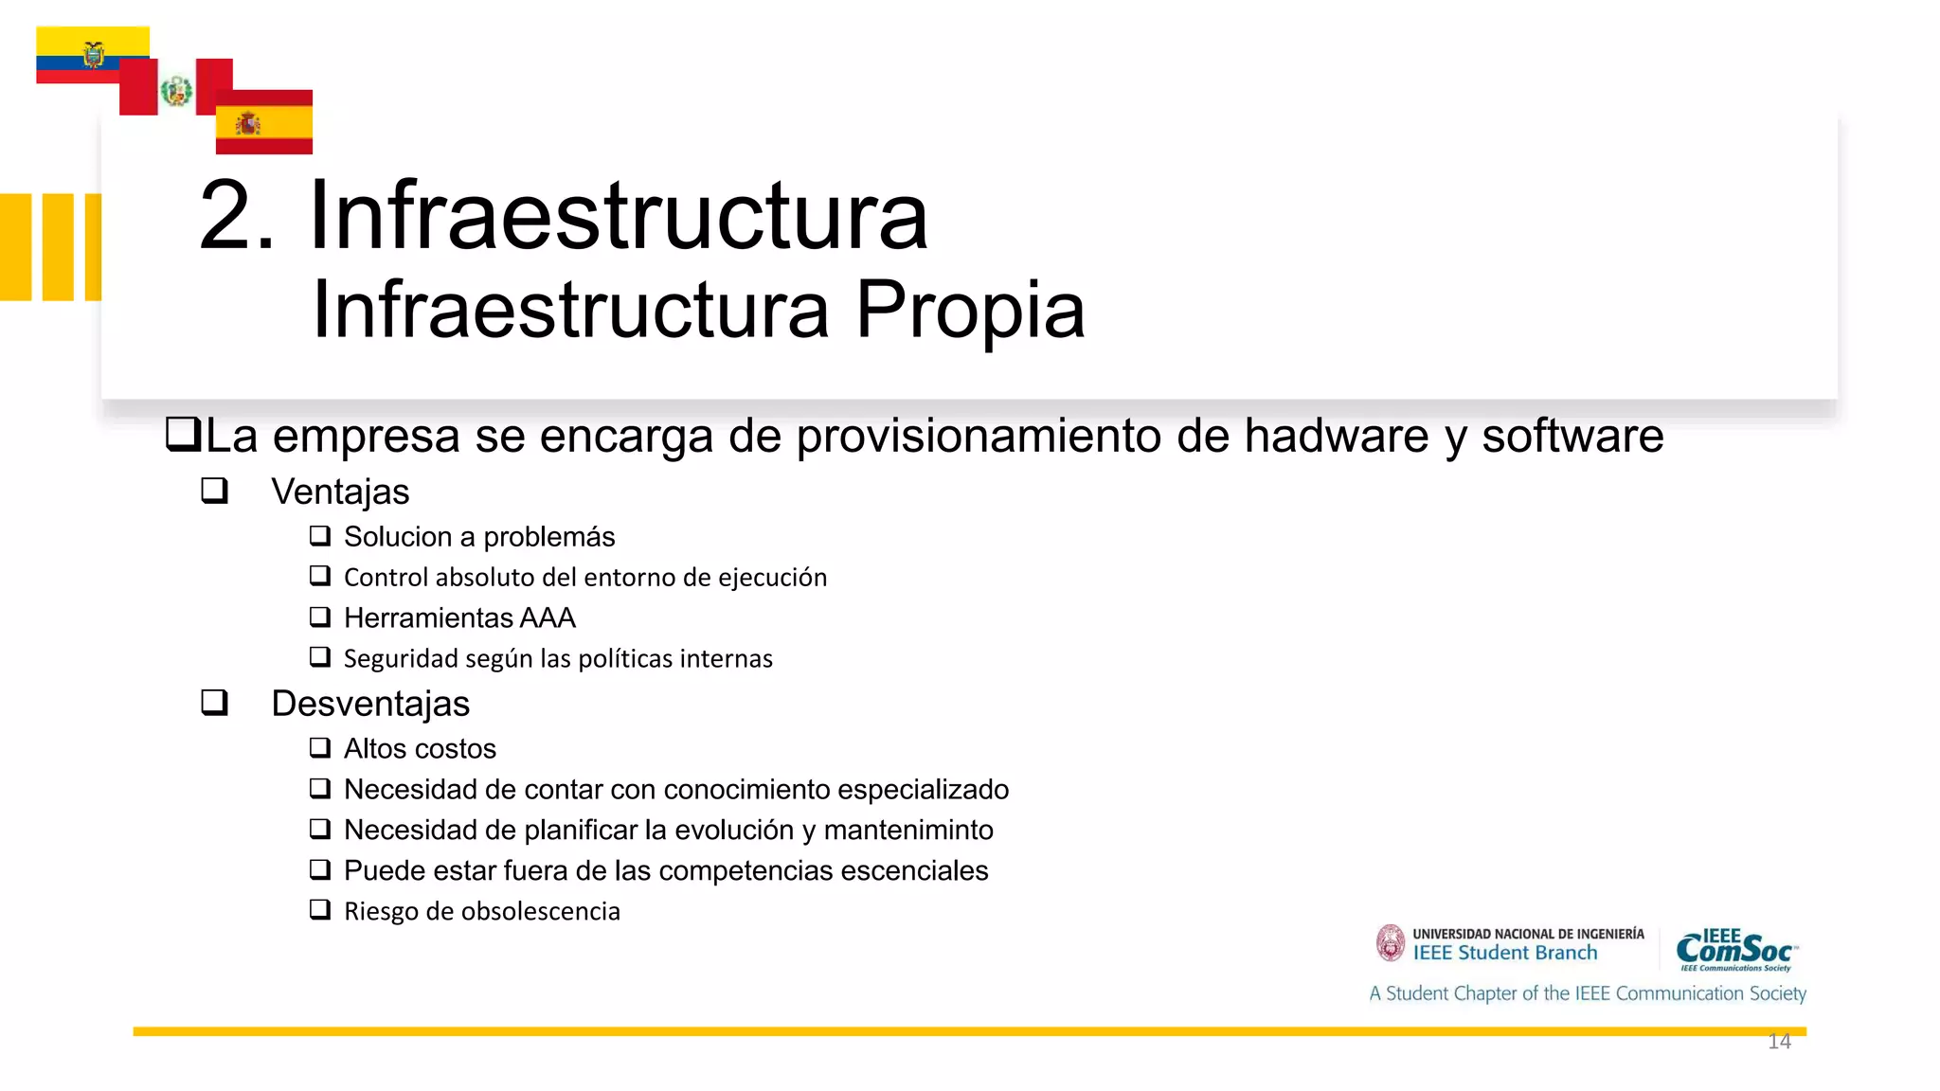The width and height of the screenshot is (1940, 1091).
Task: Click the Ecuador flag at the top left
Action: pos(92,54)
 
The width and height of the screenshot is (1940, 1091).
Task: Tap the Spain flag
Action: pos(263,122)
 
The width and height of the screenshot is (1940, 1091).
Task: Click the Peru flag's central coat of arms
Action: pos(176,91)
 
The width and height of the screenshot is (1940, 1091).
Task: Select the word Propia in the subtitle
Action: pos(970,311)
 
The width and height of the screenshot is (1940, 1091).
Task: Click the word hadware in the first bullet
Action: pos(1336,437)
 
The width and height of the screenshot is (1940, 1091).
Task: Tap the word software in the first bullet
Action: pos(1572,437)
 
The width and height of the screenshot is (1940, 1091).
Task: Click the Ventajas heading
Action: pos(340,492)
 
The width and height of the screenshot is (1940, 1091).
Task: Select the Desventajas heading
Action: pos(370,704)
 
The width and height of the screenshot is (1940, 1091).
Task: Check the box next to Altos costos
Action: pos(320,748)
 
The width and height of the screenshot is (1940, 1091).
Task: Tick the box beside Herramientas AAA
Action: pos(320,617)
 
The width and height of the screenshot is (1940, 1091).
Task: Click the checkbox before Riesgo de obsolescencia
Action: pos(320,910)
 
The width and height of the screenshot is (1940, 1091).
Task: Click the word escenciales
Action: pos(914,870)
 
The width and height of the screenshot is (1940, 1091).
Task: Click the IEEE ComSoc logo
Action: pos(1736,950)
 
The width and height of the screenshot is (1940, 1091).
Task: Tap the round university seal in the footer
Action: pos(1391,943)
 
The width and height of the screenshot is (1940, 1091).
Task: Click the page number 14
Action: pos(1779,1042)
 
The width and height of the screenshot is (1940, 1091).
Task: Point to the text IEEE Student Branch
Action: pos(1505,954)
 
